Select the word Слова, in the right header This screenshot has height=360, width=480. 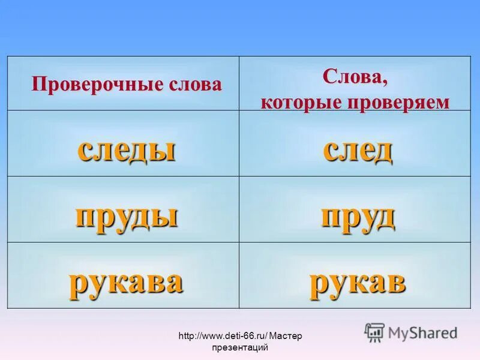click(355, 76)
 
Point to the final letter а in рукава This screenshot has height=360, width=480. click(173, 283)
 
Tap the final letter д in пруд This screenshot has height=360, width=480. click(384, 217)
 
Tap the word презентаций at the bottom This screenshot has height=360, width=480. click(239, 347)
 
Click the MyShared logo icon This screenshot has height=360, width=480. click(374, 332)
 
